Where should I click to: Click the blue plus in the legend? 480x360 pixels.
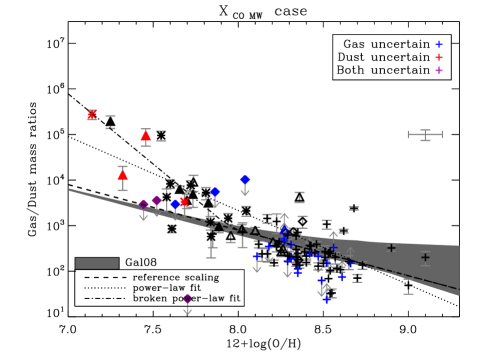pos(439,45)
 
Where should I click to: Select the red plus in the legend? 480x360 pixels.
pos(439,58)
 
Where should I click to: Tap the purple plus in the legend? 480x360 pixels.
pos(439,71)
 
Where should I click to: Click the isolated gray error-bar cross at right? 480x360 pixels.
pos(425,135)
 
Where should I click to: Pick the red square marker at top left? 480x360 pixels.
pos(93,115)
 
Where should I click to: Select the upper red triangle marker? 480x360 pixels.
pos(146,136)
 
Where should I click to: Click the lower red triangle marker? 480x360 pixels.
pos(123,175)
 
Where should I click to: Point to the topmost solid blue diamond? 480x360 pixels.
pos(245,180)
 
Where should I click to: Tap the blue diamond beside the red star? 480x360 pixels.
pos(175,205)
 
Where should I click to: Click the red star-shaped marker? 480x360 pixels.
pos(184,202)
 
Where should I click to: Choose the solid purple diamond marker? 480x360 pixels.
pos(157,201)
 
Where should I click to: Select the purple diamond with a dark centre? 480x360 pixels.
pos(143,204)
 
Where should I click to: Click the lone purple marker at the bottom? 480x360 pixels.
pos(187,298)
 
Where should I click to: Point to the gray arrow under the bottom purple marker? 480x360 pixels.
pos(187,310)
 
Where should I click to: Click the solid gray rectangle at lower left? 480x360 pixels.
pos(97,264)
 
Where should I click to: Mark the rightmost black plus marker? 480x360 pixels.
pos(425,257)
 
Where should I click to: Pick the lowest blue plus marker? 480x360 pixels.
pos(326,299)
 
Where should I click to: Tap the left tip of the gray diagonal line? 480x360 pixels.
pos(69,189)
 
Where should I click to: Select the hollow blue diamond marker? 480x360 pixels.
pos(284,231)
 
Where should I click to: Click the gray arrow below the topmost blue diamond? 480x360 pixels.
pos(245,192)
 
